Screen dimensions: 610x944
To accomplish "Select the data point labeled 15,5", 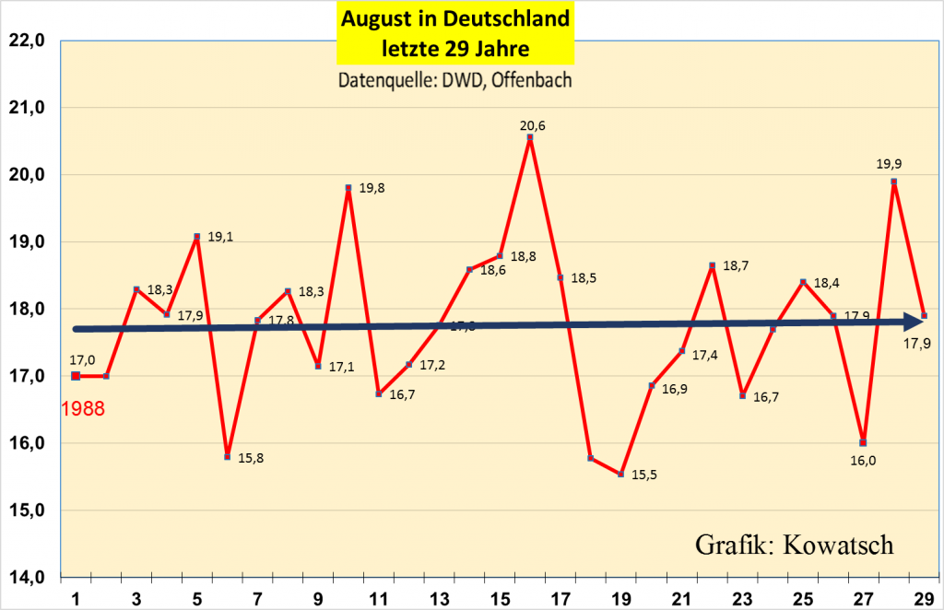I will (621, 474).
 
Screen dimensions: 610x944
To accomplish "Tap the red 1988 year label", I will (84, 408).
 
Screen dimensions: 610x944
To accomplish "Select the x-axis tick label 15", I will (501, 598).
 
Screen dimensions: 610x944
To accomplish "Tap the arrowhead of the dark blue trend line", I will (914, 322).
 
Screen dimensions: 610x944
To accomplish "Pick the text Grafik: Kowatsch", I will (794, 545).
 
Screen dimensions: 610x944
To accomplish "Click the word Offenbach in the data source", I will (532, 80).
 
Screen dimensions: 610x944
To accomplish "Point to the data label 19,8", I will (372, 189).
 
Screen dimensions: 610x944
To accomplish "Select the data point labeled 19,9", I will (894, 182).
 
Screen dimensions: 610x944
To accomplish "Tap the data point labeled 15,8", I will (227, 457).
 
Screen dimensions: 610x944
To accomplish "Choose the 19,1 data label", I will (220, 236).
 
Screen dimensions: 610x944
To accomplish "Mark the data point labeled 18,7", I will (712, 266).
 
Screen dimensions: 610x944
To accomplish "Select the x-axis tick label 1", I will (76, 598).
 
